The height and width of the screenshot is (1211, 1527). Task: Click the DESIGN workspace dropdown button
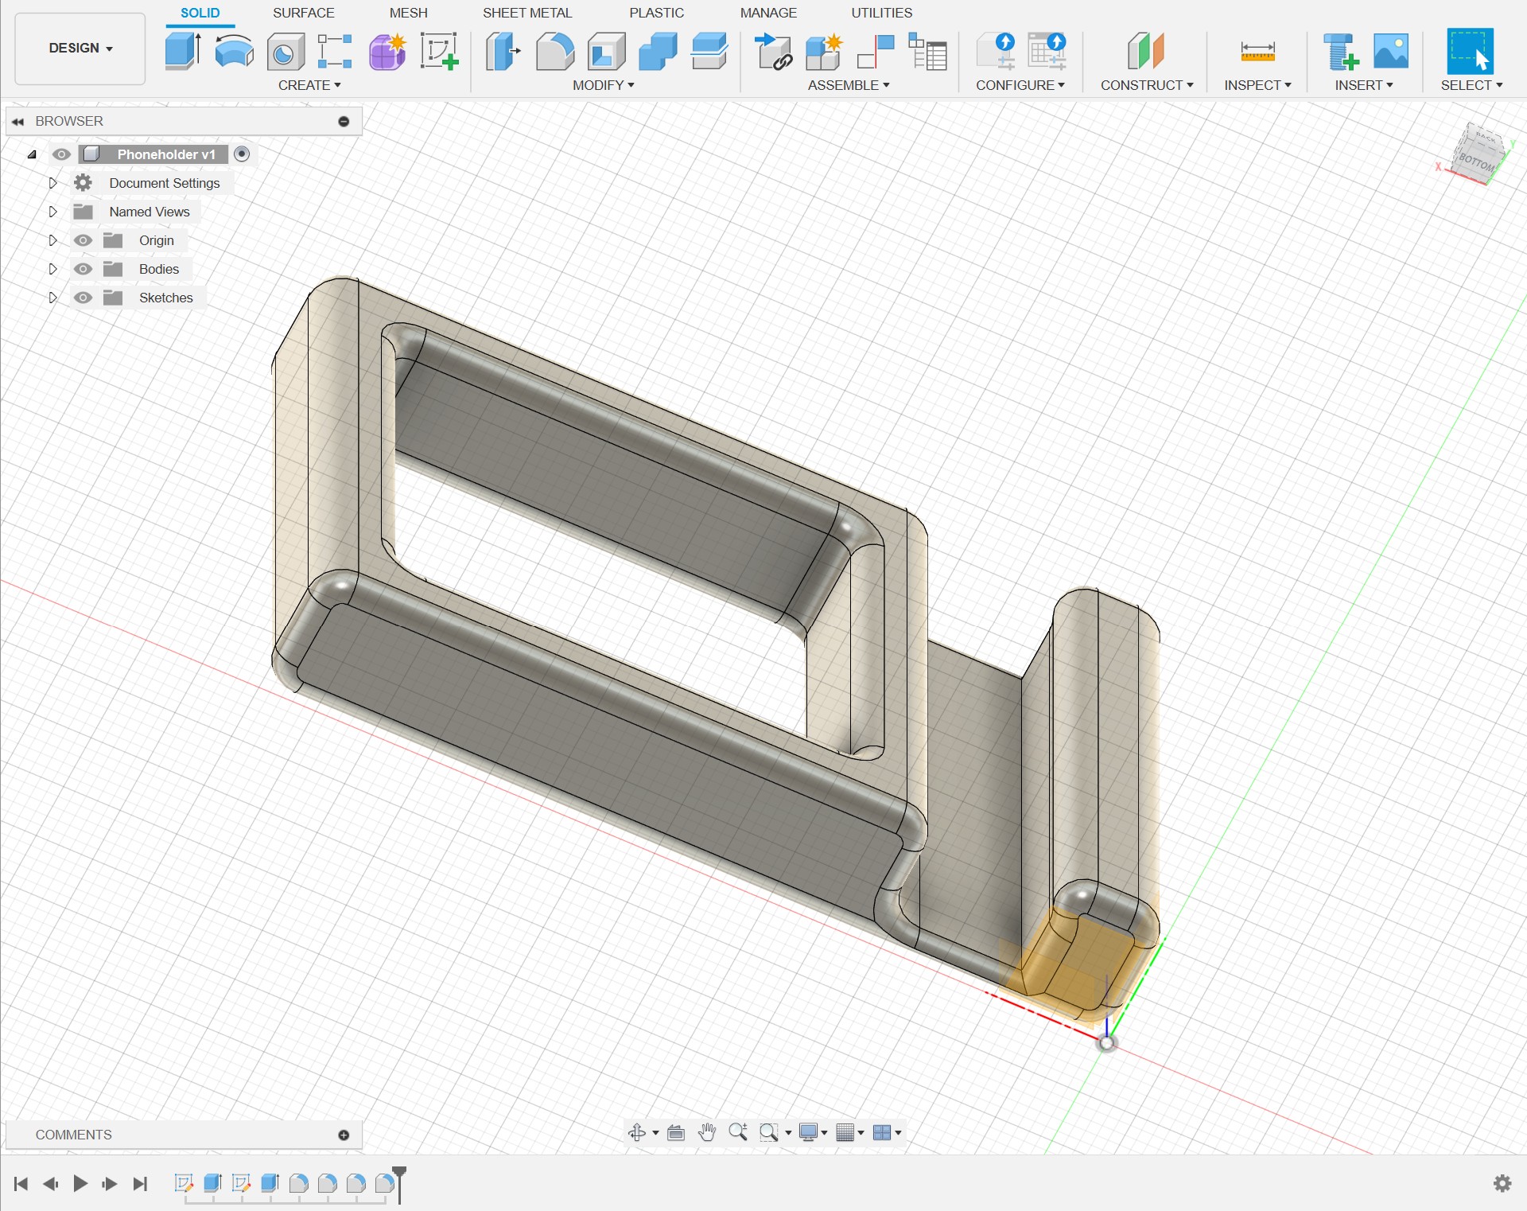(80, 49)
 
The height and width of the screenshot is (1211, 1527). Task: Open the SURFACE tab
(303, 13)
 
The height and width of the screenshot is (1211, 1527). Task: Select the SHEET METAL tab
(526, 13)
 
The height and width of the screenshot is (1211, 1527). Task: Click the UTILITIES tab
(881, 13)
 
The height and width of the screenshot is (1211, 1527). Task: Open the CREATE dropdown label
(309, 85)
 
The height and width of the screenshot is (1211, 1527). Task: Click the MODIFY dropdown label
(603, 85)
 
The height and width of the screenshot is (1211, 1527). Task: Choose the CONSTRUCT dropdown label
(1146, 85)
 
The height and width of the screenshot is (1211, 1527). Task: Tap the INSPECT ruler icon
(1257, 53)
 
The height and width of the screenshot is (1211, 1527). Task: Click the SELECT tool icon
(1469, 52)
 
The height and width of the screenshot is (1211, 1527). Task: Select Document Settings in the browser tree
(164, 183)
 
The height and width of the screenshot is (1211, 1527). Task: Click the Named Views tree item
(150, 212)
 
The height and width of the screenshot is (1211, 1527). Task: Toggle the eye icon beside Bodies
(83, 269)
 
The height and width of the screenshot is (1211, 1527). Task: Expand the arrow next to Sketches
(52, 298)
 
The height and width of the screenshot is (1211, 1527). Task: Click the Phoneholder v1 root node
(165, 154)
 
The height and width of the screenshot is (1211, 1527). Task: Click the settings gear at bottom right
(1502, 1183)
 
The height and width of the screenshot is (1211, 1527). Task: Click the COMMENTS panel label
(74, 1135)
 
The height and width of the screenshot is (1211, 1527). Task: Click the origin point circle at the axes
(1106, 1043)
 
